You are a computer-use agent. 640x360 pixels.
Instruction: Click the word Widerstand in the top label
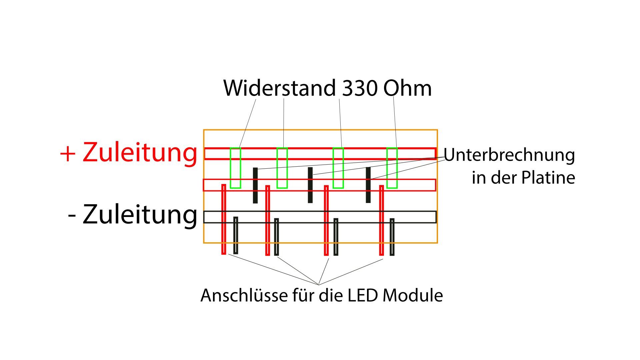tap(279, 88)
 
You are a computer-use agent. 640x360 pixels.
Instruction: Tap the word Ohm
tap(407, 88)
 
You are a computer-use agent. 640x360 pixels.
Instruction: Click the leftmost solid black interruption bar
tap(255, 185)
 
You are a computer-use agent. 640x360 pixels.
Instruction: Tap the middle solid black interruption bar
tap(310, 185)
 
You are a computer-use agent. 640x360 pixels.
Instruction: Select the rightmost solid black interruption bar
tap(368, 185)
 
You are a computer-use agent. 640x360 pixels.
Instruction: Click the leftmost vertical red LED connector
tap(224, 219)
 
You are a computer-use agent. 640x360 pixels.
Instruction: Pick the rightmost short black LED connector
tap(392, 237)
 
